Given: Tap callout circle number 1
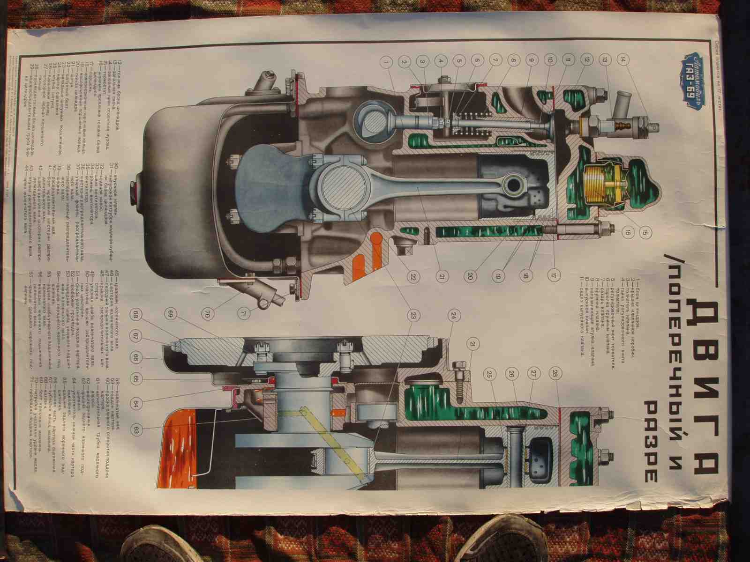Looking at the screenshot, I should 387,61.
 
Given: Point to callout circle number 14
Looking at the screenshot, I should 622,60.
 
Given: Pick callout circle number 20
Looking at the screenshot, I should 469,276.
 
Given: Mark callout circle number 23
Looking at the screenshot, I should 413,316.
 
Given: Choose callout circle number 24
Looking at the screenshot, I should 454,316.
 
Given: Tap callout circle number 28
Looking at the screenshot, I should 555,373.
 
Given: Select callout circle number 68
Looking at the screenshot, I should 136,315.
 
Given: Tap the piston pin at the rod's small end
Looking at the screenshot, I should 513,185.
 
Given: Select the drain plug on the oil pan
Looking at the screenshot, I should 137,189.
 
